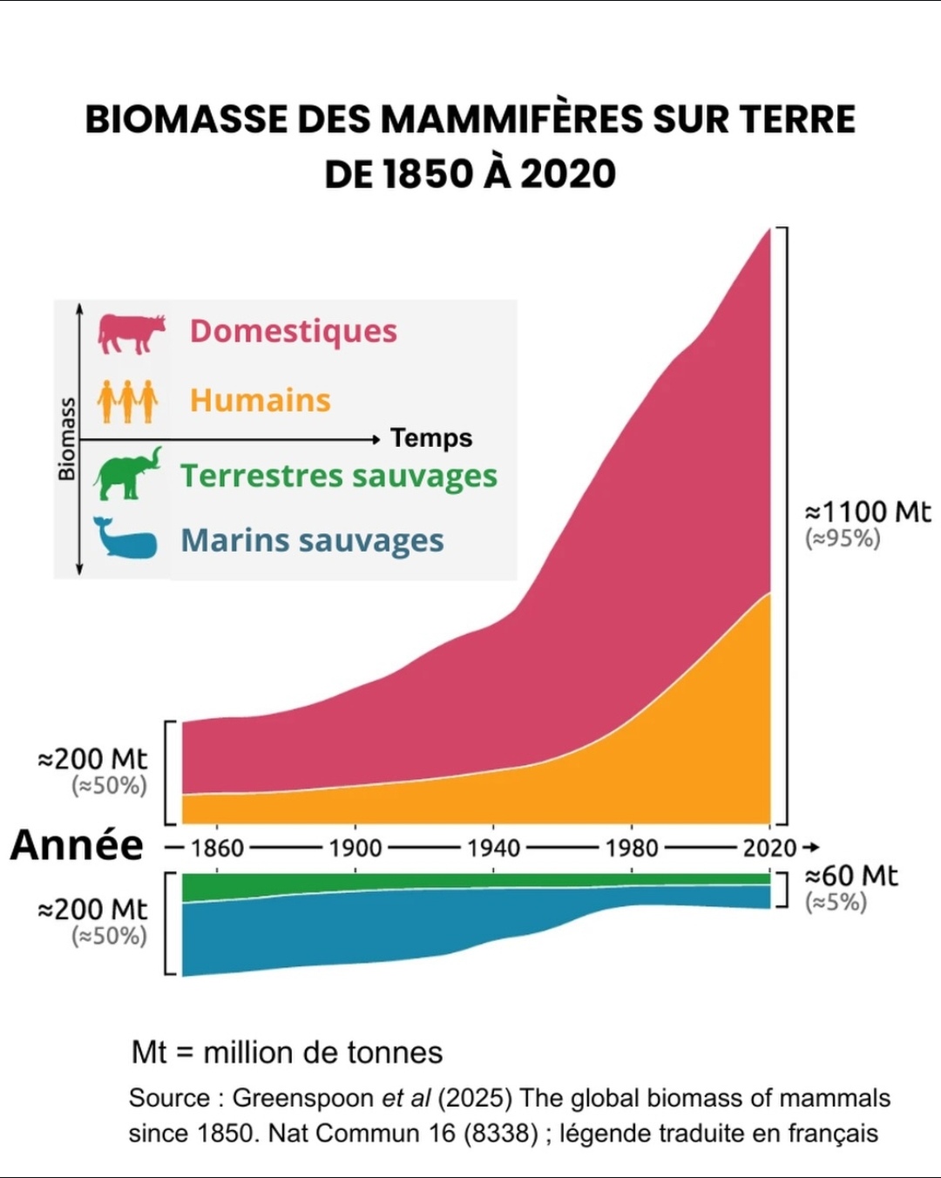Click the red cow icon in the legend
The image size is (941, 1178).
(x=131, y=333)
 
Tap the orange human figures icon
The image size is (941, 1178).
(x=127, y=401)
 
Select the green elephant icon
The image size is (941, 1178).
(x=127, y=474)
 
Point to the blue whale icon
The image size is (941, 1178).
(x=125, y=538)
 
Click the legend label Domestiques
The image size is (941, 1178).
(x=294, y=331)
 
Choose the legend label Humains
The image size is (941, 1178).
(x=261, y=400)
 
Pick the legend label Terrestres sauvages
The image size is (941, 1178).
(x=339, y=476)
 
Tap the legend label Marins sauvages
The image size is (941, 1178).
(x=312, y=540)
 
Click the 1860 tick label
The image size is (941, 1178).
(x=217, y=848)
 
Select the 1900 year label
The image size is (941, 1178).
(x=355, y=848)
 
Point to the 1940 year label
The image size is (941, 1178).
(x=493, y=848)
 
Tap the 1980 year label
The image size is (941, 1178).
(x=632, y=848)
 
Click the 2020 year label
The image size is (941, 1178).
(x=769, y=848)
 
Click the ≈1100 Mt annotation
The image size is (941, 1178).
(x=867, y=511)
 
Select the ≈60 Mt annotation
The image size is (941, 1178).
(x=850, y=875)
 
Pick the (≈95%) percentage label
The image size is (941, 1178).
(x=843, y=538)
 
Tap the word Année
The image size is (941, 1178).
(x=77, y=845)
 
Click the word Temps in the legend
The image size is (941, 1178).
(x=431, y=437)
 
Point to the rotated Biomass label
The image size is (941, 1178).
(x=67, y=439)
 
